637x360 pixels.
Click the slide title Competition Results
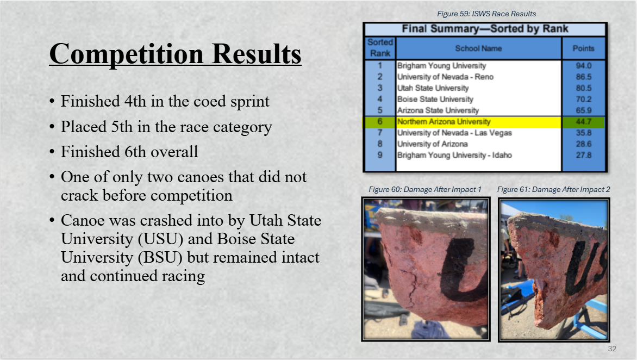click(x=175, y=54)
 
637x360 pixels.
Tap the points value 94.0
click(x=583, y=65)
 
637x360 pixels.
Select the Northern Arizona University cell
click(x=444, y=121)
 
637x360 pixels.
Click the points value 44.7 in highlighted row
click(x=583, y=121)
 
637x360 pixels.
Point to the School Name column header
click(x=478, y=48)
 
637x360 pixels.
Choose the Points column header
click(x=583, y=48)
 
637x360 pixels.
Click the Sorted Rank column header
click(x=380, y=48)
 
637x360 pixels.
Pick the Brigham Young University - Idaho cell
click(x=454, y=155)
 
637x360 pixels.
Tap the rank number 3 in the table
click(x=380, y=88)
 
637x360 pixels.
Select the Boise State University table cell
click(x=435, y=99)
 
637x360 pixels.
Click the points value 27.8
click(x=583, y=155)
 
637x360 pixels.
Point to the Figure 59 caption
click(x=486, y=14)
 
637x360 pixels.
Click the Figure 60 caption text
click(x=425, y=189)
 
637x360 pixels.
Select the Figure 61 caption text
click(x=554, y=189)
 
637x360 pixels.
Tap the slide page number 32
click(x=612, y=349)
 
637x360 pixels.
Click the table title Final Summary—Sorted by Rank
click(x=485, y=29)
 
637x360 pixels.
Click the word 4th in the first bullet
click(x=135, y=101)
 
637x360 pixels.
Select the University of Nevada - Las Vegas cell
click(x=454, y=133)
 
